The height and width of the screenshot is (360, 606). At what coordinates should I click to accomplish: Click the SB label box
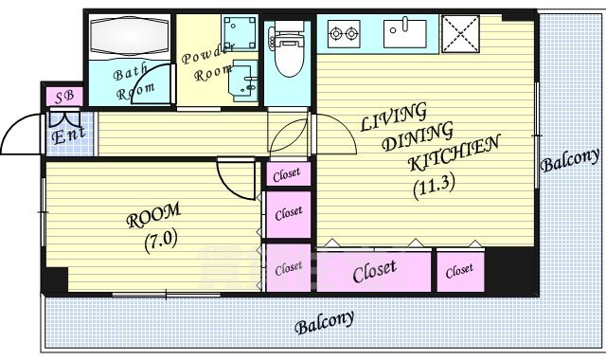pos(64,97)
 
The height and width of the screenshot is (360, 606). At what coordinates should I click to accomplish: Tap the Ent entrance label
pos(68,135)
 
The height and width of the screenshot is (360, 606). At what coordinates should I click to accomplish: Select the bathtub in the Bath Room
pos(130,37)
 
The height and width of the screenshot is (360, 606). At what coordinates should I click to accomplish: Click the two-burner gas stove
pos(343,34)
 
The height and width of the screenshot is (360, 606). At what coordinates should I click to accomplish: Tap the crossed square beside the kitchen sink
pos(460,34)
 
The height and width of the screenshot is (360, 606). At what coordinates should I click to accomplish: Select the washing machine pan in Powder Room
pos(240,32)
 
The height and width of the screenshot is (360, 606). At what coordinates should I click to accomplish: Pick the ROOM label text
pos(153,215)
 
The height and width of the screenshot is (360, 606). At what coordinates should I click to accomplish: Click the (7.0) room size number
pos(161,241)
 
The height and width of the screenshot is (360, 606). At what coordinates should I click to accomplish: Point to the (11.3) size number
pos(434,188)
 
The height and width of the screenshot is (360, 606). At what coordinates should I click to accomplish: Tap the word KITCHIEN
pos(454,153)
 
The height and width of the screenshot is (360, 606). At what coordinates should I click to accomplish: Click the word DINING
pos(417,136)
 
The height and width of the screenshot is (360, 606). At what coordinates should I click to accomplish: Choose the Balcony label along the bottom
pos(324,322)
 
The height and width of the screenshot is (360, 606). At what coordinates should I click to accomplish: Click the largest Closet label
pos(375,271)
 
